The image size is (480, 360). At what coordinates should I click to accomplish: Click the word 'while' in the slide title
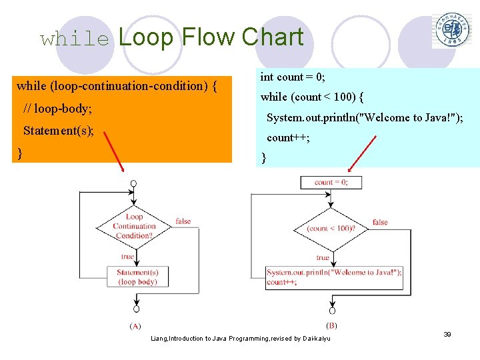(x=74, y=39)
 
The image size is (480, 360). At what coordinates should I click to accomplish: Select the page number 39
(x=447, y=334)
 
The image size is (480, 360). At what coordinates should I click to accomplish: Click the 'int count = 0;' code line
(x=293, y=77)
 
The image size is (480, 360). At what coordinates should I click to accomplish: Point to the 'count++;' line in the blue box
(x=288, y=138)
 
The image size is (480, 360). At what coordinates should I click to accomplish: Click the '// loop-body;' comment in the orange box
(x=57, y=108)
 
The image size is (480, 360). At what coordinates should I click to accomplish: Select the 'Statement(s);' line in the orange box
(x=59, y=131)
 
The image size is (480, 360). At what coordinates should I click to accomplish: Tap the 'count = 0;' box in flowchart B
(x=331, y=182)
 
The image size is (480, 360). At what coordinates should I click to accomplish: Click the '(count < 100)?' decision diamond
(x=331, y=228)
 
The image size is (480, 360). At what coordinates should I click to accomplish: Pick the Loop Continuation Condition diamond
(x=134, y=226)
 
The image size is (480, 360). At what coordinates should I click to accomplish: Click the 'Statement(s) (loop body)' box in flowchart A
(x=137, y=277)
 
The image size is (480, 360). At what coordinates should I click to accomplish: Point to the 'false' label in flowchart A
(x=183, y=221)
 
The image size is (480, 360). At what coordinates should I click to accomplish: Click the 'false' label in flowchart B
(x=380, y=222)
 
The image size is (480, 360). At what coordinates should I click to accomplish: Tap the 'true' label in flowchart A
(x=127, y=257)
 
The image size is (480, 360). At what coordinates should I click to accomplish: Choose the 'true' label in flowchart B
(x=323, y=257)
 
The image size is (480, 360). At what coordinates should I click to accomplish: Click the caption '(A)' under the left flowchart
(x=135, y=326)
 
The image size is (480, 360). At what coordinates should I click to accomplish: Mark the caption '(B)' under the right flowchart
(x=331, y=325)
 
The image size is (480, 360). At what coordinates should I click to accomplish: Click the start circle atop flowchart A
(x=134, y=183)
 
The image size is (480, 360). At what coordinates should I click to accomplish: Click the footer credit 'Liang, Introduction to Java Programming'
(x=240, y=339)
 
